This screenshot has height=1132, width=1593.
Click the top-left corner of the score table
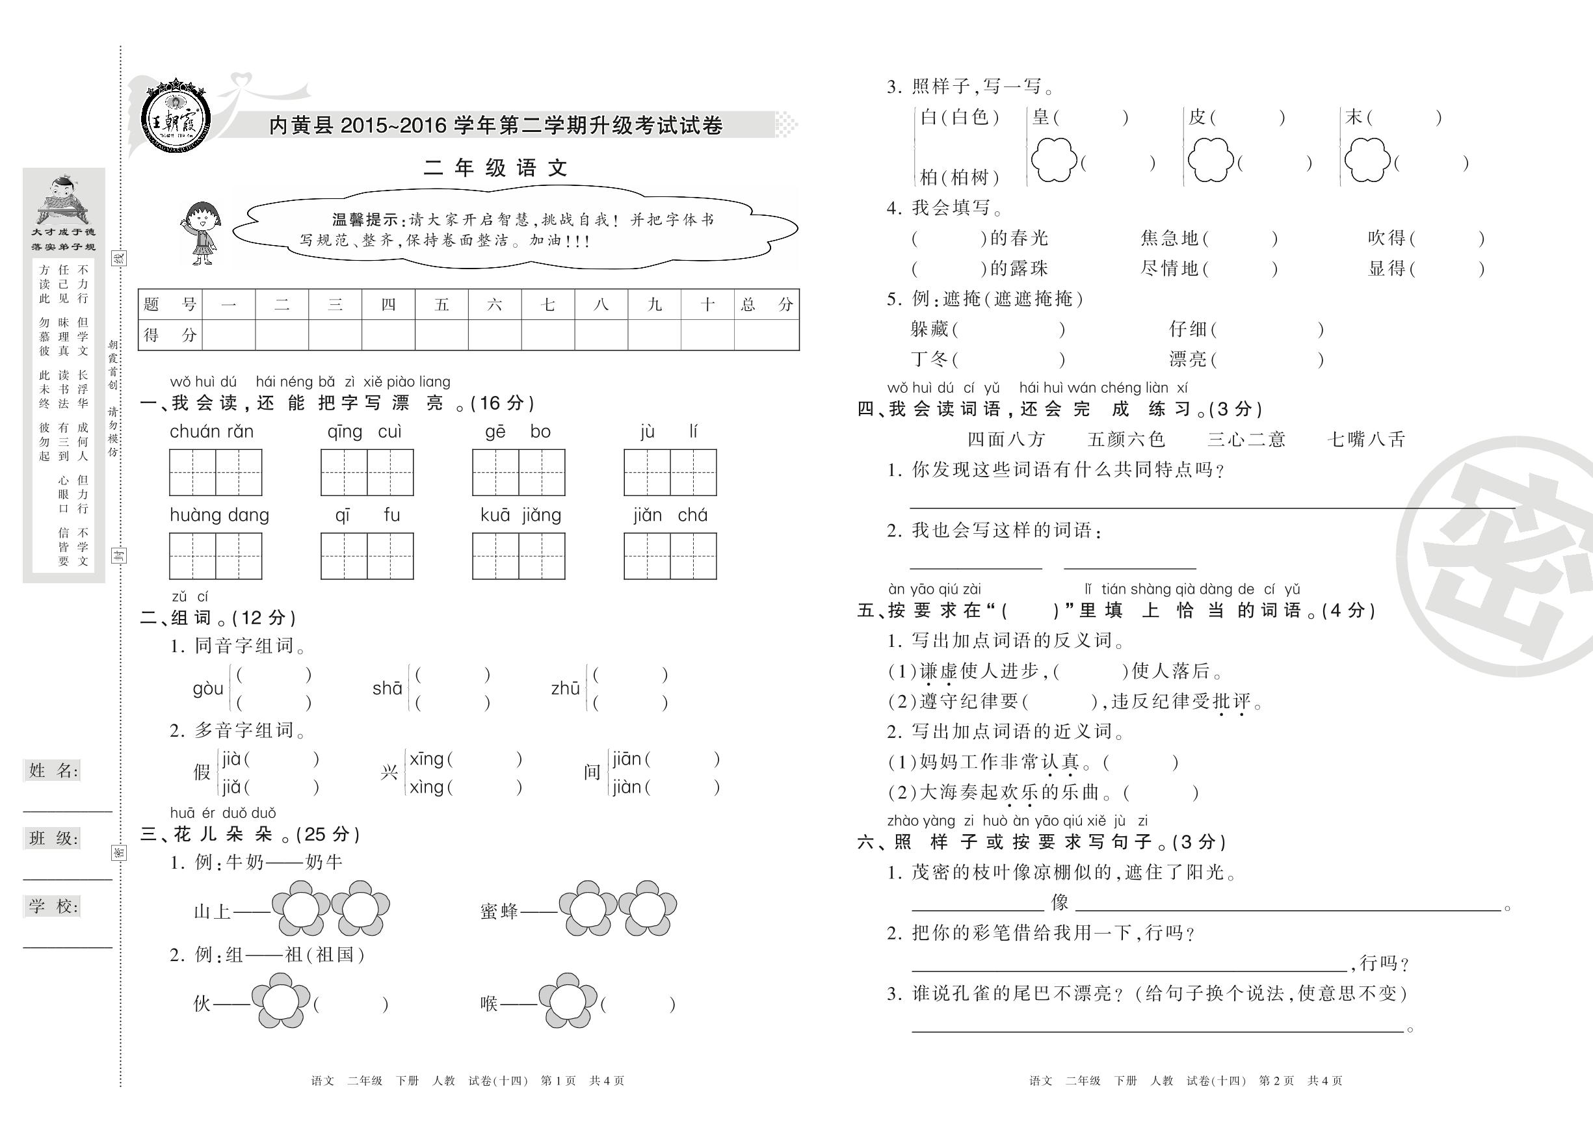[138, 289]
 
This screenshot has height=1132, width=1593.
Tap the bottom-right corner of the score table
[799, 350]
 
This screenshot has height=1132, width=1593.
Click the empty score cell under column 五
[441, 335]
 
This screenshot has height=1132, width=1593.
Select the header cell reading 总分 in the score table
[767, 304]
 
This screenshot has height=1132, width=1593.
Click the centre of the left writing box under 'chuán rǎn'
[192, 473]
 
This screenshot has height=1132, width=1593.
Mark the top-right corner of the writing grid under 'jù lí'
[717, 449]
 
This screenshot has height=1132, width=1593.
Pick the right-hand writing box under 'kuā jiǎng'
[542, 556]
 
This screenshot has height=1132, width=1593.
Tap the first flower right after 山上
[301, 908]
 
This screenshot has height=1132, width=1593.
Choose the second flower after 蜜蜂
[648, 908]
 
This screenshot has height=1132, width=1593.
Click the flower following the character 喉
[568, 1002]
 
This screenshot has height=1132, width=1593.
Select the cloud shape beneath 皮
[1211, 159]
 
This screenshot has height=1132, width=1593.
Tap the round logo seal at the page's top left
[175, 116]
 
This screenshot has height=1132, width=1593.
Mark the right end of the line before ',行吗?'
[1347, 970]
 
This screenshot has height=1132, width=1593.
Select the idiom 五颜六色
[1126, 439]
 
